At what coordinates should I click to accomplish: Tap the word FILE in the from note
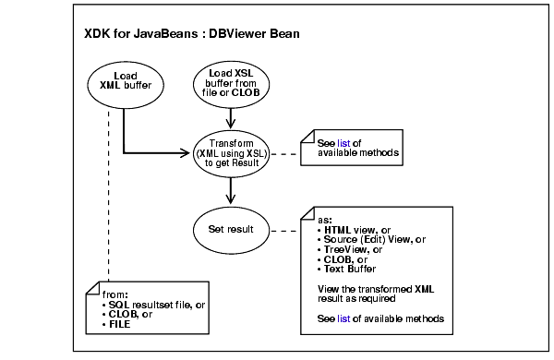click(121, 325)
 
